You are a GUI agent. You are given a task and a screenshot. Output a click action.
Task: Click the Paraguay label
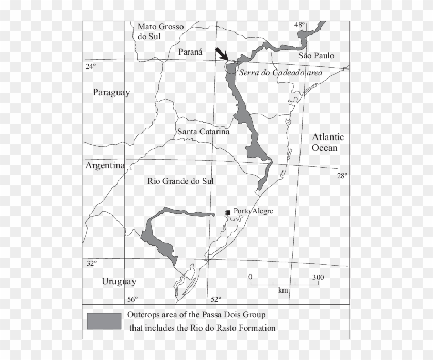point(111,93)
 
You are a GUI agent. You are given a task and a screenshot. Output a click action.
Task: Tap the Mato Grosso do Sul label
point(157,31)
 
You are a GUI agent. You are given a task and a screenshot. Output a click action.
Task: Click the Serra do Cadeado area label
point(280,73)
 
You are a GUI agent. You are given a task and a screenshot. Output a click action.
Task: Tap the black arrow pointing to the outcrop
point(222,54)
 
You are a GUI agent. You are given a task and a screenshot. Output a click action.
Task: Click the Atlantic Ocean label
point(327,143)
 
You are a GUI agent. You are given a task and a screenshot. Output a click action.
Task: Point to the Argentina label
point(106,166)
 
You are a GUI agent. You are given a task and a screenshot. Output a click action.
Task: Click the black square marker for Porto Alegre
point(228,212)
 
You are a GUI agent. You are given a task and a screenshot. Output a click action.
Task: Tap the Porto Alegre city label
point(253,211)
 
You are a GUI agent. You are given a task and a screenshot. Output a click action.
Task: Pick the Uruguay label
point(119,282)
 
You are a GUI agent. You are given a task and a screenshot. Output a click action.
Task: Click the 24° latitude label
point(91,66)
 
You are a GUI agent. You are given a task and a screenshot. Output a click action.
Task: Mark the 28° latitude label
point(342,176)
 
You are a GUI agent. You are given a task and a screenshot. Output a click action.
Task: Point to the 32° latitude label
point(91,263)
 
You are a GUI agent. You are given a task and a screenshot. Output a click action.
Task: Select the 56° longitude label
point(132,300)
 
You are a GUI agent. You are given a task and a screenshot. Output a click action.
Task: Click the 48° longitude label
point(299,25)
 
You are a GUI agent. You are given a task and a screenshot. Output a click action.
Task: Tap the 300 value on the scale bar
point(318,278)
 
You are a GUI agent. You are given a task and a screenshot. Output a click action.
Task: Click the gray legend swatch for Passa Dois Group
point(104,321)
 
